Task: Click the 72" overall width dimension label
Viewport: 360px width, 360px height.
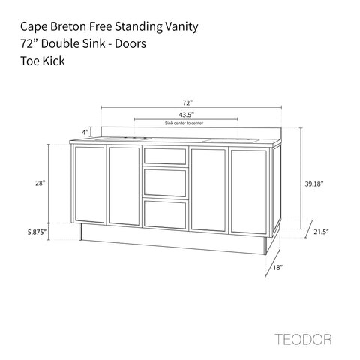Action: [187, 103]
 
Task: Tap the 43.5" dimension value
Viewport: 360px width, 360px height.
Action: [187, 115]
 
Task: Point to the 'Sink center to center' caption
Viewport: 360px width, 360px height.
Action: [184, 123]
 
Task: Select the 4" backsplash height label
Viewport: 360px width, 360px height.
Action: [85, 132]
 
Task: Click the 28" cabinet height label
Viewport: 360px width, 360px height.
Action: [40, 183]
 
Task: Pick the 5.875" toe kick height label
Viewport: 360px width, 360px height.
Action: [37, 232]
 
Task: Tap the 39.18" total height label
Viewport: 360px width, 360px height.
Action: [314, 184]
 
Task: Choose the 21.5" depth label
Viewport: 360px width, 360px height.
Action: [321, 232]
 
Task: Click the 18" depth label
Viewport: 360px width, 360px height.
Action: [277, 267]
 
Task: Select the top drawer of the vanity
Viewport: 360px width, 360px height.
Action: [165, 156]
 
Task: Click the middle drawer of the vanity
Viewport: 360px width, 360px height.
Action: [165, 182]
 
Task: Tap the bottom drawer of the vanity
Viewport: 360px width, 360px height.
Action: [165, 214]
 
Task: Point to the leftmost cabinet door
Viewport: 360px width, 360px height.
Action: [89, 184]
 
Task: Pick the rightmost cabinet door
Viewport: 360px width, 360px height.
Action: [249, 192]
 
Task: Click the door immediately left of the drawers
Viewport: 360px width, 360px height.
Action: [124, 186]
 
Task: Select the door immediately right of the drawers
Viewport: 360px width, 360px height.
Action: [208, 190]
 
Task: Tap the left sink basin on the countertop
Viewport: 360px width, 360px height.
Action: [124, 139]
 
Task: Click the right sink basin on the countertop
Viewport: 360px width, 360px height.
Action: [231, 141]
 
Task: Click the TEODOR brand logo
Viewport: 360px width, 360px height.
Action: [303, 339]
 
